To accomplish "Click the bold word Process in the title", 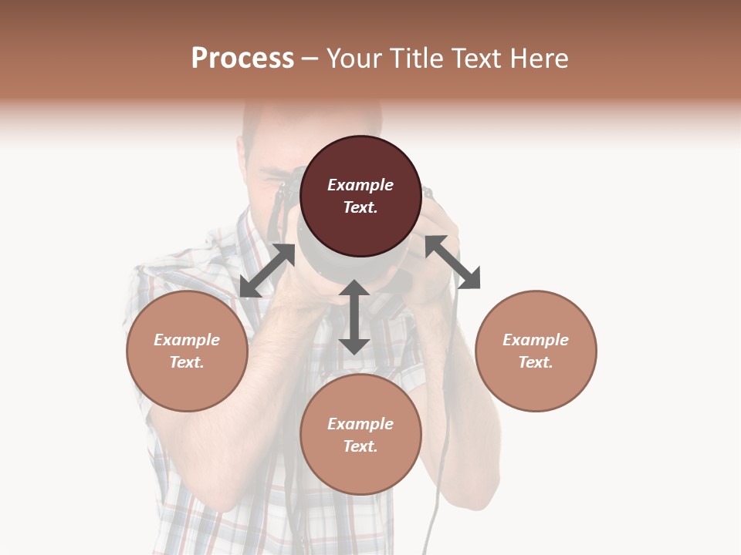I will (x=242, y=59).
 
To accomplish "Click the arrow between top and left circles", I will (x=267, y=271).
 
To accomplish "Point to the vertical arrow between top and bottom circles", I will (x=354, y=317).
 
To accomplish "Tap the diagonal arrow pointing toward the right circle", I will (x=452, y=262).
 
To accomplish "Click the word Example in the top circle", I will (x=360, y=185).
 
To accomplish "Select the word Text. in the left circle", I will (x=187, y=362).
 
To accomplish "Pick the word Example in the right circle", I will (x=536, y=340).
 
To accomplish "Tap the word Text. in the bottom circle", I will (x=360, y=446).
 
